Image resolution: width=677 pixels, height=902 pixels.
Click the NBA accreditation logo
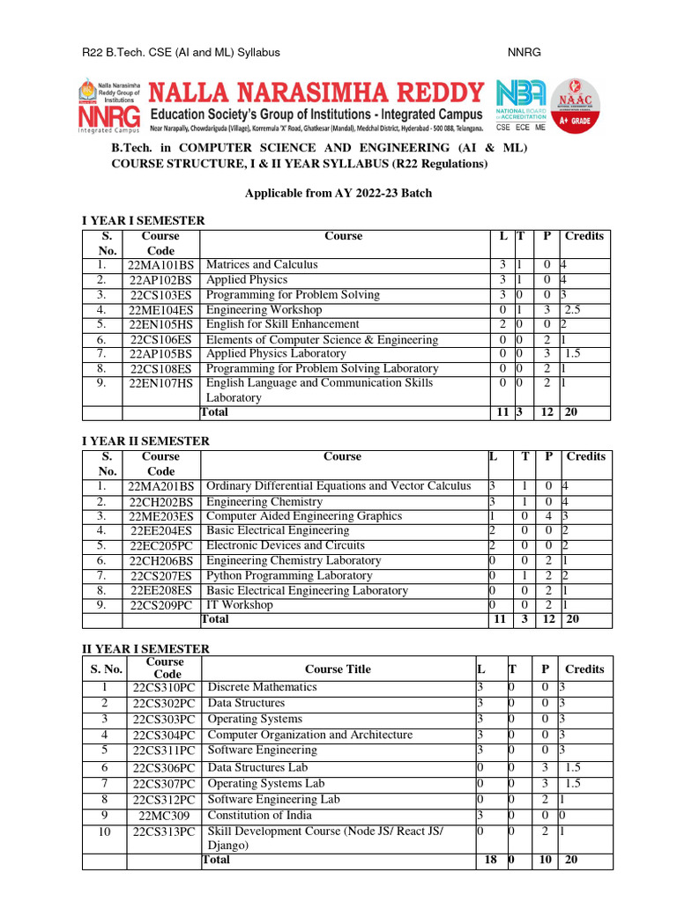[522, 104]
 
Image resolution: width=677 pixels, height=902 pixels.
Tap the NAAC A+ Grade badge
[577, 104]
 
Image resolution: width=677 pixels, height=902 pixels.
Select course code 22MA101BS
[161, 265]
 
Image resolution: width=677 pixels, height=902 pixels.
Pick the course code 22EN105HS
[161, 325]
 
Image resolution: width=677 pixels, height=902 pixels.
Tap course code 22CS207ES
[161, 576]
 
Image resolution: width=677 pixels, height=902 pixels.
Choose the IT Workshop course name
[239, 605]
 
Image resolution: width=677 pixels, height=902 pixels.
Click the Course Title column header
[338, 669]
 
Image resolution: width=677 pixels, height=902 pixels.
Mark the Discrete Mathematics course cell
[262, 687]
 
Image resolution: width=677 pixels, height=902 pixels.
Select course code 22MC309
[164, 816]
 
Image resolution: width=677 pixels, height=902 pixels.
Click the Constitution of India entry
[259, 816]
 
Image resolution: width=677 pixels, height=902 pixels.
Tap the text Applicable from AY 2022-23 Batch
[338, 193]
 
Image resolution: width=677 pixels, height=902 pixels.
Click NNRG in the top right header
[524, 52]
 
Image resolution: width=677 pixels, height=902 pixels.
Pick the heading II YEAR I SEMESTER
[145, 649]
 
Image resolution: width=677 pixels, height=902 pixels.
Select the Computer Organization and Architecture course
[309, 735]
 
